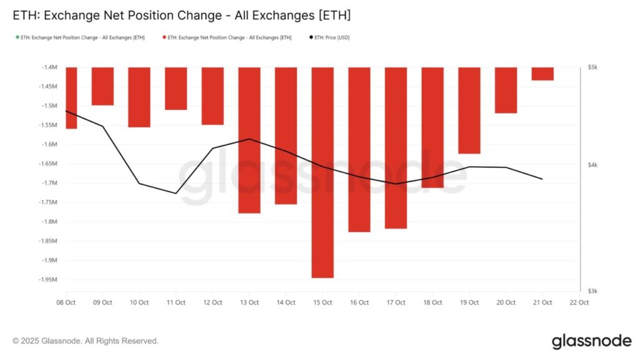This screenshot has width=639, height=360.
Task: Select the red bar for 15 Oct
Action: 323,172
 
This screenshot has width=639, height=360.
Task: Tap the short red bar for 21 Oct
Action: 542,74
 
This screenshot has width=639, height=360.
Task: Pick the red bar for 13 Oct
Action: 249,140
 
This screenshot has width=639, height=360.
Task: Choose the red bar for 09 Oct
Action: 103,86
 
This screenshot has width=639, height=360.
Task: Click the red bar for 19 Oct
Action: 469,110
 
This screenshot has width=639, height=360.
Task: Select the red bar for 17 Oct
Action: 396,147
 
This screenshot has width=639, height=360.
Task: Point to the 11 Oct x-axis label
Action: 176,303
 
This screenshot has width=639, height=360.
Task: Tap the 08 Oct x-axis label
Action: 66,303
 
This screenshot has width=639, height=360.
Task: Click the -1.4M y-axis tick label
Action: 49,67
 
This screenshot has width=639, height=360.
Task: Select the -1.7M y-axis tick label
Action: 49,183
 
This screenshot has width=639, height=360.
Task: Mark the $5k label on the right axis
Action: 593,67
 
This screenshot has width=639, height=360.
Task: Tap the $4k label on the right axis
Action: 593,165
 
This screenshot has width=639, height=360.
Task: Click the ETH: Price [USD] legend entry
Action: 330,38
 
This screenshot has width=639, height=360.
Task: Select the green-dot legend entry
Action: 82,38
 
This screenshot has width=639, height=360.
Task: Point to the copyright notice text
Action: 85,341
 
